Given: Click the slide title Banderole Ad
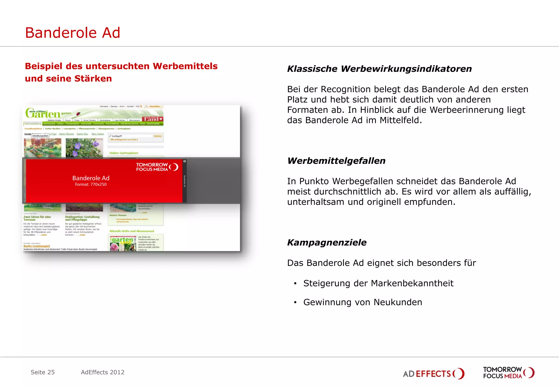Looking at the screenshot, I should coord(73,33).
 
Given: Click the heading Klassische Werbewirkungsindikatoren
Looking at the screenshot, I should coord(379,69).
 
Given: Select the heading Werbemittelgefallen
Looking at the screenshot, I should coord(336,161).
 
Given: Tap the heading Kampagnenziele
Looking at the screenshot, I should coord(327,242).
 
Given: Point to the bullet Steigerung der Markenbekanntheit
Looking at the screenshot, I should coord(378,283).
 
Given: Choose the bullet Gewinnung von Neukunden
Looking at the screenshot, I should coord(363,302).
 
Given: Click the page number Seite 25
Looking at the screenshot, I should coord(43,372).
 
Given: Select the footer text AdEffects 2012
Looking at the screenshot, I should coord(103,372).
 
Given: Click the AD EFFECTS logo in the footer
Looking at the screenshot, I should coord(433,373).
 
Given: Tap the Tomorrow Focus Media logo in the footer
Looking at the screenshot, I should coord(509,373).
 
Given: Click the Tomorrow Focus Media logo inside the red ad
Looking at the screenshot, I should coord(157,167).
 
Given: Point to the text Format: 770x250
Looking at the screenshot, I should coord(91,184).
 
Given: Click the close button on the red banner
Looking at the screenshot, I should coord(185,161).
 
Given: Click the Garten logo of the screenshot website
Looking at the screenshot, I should coord(44,113).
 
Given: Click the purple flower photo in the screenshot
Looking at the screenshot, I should coord(84,148).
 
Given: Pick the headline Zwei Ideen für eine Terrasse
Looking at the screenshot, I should coord(37,218).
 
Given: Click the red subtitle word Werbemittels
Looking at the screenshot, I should coord(185,66).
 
